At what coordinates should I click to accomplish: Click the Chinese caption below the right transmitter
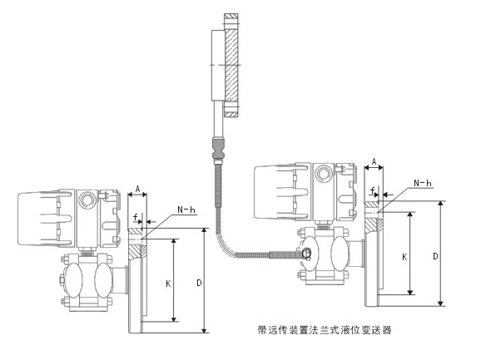click(x=325, y=330)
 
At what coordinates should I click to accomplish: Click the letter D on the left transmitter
click(x=200, y=283)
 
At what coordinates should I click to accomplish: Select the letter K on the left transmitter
click(x=168, y=284)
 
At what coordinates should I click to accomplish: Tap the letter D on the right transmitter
click(x=435, y=256)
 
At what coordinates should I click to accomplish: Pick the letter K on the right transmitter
click(x=404, y=257)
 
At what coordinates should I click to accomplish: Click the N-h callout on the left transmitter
click(x=186, y=210)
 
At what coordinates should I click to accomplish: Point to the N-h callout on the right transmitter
click(x=423, y=183)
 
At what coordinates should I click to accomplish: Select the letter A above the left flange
click(x=138, y=189)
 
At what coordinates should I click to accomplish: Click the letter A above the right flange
click(x=374, y=161)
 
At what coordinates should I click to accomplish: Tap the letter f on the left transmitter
click(x=136, y=217)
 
